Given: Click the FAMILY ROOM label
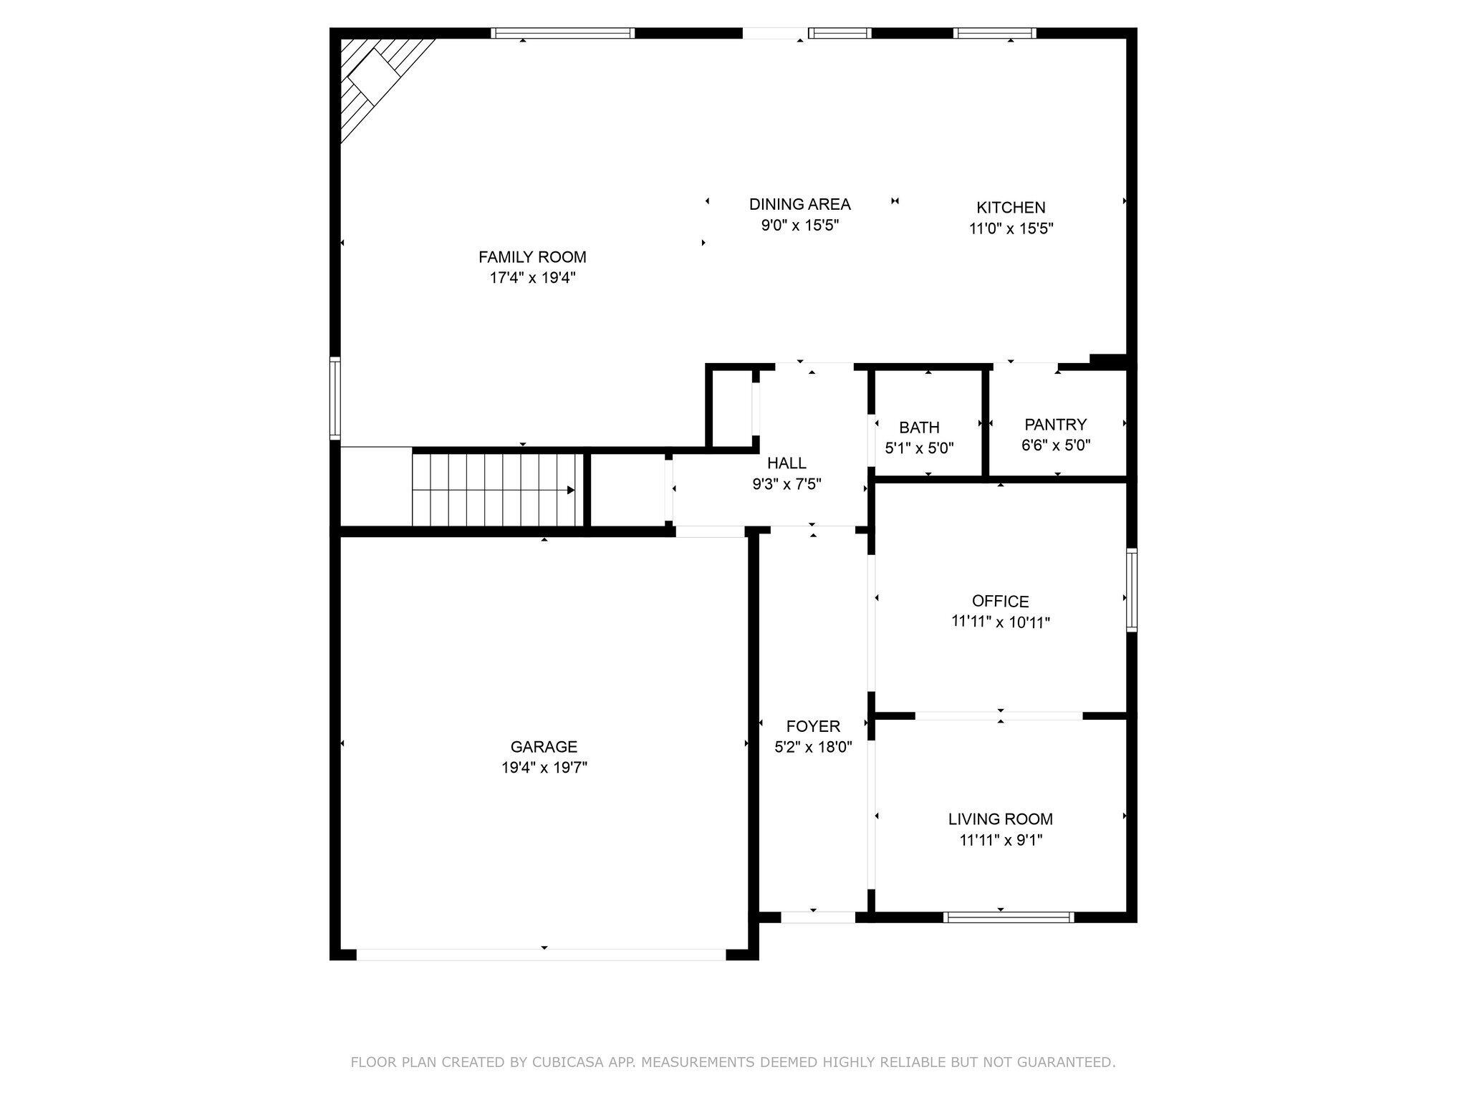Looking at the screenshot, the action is pos(532,257).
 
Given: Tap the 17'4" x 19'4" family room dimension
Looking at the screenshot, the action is pos(532,278).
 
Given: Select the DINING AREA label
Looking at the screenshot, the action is pos(799,205).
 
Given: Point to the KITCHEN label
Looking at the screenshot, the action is pos(1011,208).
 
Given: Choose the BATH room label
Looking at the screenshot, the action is pos(919,428).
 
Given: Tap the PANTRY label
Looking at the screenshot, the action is pos(1055,425).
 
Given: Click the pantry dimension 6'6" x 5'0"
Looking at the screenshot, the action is pos(1055,445).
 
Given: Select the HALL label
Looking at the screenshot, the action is pos(787,463).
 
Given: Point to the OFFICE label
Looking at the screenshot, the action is pos(1000,602).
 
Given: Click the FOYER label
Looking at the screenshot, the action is pos(813,727).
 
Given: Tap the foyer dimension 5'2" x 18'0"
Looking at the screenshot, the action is pos(813,748).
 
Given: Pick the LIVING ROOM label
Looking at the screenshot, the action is pos(1000,819).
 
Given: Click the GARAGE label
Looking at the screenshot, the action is pos(544,747).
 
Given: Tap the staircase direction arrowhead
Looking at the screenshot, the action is pos(571,491).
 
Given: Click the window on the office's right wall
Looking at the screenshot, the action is pos(1132,589).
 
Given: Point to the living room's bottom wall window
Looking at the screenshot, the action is pos(1009,917).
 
